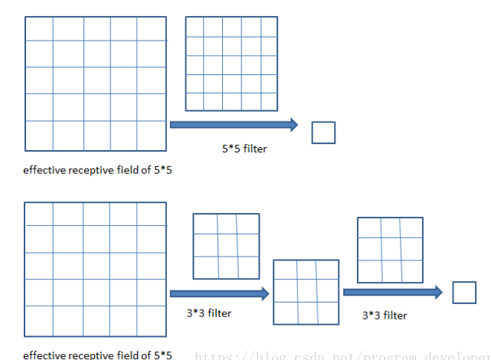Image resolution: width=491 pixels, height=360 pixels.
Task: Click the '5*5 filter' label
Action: (x=244, y=149)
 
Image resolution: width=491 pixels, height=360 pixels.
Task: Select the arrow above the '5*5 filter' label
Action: (x=234, y=124)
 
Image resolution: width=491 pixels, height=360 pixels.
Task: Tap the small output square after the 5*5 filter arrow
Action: (x=323, y=133)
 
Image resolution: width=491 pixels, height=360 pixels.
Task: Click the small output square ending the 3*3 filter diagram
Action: (x=464, y=293)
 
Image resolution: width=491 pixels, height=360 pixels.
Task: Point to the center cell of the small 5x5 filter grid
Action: (x=232, y=64)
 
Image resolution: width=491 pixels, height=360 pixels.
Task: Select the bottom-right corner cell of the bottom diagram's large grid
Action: (x=151, y=320)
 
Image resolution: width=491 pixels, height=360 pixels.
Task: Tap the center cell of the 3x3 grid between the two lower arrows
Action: (x=306, y=293)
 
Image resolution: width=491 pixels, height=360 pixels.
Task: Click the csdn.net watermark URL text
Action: (x=342, y=355)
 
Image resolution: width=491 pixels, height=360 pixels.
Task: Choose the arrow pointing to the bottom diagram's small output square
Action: (x=393, y=292)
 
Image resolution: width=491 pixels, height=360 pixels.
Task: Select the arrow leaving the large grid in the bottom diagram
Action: (x=219, y=293)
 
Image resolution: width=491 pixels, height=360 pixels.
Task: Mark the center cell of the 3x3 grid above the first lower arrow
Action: (x=227, y=246)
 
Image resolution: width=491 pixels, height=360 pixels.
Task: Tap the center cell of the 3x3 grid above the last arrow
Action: (x=390, y=249)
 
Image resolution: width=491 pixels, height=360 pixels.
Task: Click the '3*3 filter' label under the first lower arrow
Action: (x=208, y=313)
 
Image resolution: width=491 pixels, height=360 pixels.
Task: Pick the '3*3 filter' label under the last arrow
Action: (x=385, y=315)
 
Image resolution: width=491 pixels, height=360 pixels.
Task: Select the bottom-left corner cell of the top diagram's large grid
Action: (x=39, y=136)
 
